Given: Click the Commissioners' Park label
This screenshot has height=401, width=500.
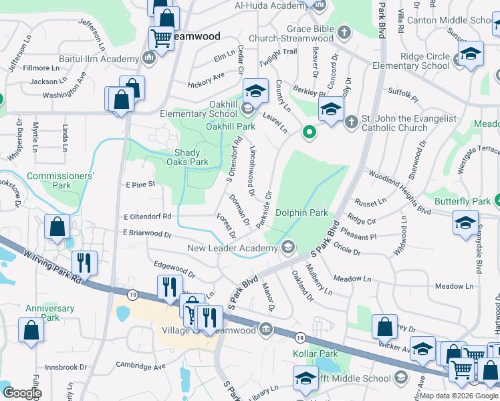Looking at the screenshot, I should coord(61,180).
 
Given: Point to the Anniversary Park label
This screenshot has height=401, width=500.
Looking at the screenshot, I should coord(49,313).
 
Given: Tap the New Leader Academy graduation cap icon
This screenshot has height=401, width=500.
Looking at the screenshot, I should coord(288,248).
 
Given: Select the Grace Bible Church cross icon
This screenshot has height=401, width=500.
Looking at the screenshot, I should coord(344,31).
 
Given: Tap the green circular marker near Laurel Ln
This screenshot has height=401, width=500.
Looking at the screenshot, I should coord(309,132).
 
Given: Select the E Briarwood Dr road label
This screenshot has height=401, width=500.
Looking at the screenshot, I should coord(147,235).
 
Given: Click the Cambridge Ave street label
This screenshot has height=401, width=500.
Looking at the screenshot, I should coord(141,367).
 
